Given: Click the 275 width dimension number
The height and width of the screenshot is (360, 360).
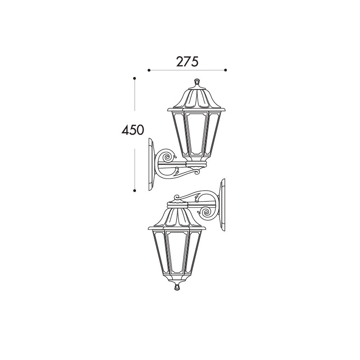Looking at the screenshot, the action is tap(187, 62).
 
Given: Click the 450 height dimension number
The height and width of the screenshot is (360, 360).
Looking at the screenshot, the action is tap(133, 130).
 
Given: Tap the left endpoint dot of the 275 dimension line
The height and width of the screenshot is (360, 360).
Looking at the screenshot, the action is tap(149, 70).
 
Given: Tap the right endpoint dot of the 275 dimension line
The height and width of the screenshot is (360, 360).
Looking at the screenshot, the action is tap(225, 70).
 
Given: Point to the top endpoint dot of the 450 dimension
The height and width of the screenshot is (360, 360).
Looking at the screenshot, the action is tap(135, 78).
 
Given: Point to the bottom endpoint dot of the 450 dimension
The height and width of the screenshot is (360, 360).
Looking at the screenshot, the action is tap(135, 190).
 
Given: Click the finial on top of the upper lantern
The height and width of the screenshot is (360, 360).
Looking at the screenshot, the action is tap(197, 82).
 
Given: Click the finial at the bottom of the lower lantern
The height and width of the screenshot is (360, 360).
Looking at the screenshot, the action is tap(177, 287).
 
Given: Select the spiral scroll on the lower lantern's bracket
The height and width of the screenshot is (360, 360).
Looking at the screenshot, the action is tap(207, 212).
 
